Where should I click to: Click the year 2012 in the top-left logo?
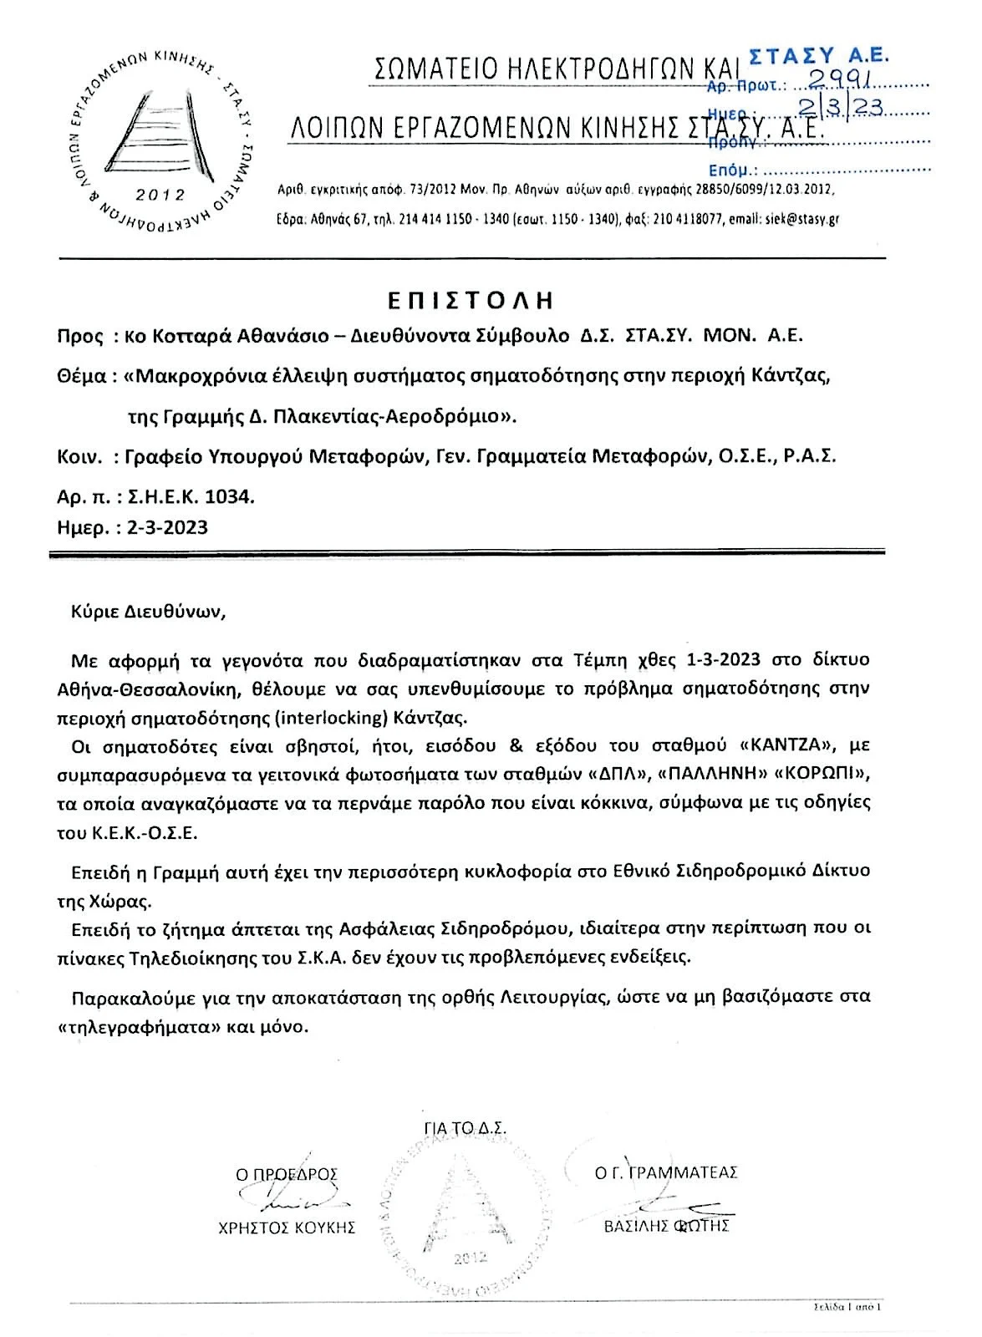[x=160, y=195]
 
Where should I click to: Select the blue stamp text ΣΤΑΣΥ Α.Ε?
[x=818, y=55]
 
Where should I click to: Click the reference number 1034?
[x=233, y=496]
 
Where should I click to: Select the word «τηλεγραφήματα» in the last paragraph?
[x=145, y=1026]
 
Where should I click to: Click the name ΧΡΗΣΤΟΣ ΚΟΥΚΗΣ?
[x=287, y=1228]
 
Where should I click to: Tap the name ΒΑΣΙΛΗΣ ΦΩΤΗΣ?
[x=667, y=1227]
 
